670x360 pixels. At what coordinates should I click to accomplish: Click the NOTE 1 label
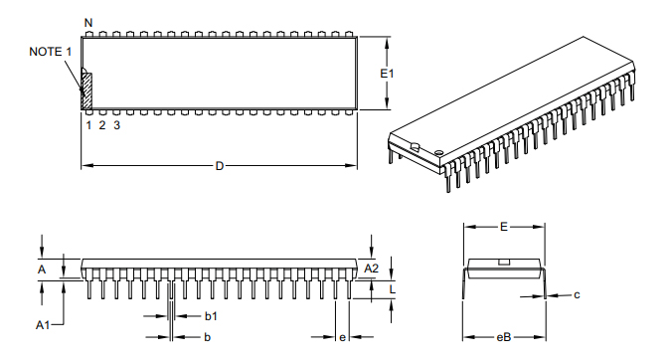click(50, 52)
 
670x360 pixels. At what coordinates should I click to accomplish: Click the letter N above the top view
click(88, 22)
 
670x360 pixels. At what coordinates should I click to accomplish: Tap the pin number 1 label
click(88, 124)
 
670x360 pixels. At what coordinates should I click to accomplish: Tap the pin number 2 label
click(102, 124)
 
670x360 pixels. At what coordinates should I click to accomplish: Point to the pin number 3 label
click(117, 124)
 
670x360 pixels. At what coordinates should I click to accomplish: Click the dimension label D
click(220, 165)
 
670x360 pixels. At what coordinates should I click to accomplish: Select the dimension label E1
click(388, 74)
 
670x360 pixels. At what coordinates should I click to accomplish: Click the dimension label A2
click(371, 269)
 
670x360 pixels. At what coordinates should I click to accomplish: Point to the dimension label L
click(393, 289)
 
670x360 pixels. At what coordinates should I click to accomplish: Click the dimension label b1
click(211, 315)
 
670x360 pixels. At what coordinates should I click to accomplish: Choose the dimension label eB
click(503, 338)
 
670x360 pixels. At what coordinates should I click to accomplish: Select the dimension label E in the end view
click(504, 228)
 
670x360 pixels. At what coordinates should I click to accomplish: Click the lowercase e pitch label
click(342, 338)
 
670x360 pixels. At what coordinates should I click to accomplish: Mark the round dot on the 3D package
click(438, 151)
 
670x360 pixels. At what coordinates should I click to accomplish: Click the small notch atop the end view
click(504, 262)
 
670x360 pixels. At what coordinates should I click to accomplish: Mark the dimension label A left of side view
click(42, 269)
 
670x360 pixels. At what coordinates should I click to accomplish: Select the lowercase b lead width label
click(207, 338)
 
